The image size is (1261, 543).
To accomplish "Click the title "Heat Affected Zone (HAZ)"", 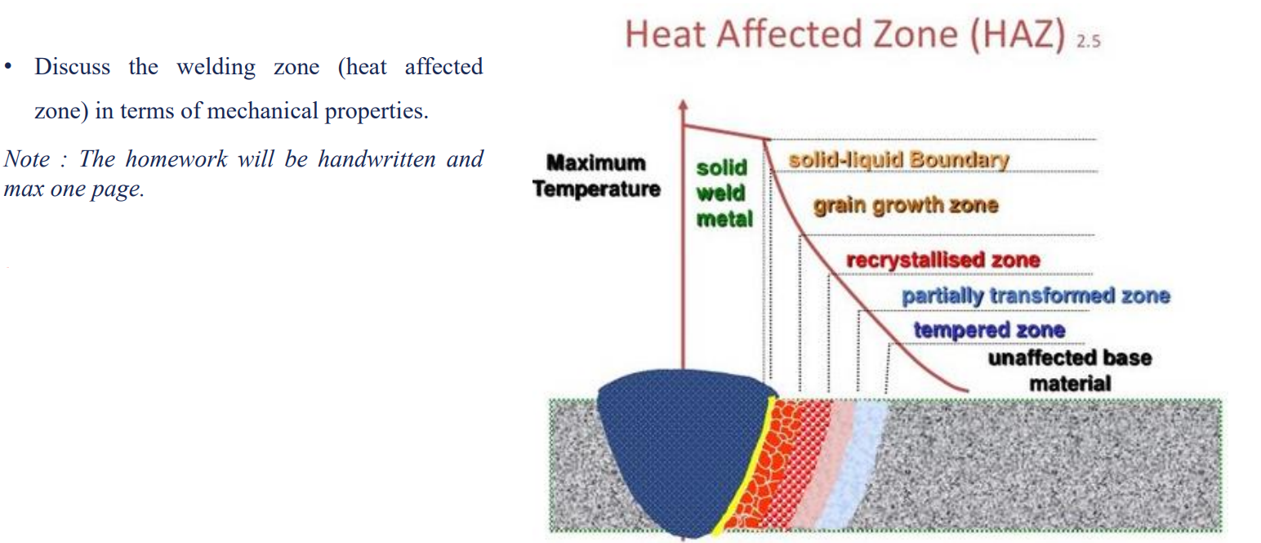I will pyautogui.click(x=845, y=35).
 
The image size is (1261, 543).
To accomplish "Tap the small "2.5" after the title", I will pyautogui.click(x=1088, y=42).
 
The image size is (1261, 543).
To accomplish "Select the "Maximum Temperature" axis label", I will pyautogui.click(x=595, y=176).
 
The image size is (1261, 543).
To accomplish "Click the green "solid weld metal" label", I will pyautogui.click(x=722, y=193).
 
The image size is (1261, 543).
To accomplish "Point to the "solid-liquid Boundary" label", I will pyautogui.click(x=898, y=160).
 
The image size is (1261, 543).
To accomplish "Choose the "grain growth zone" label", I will pyautogui.click(x=905, y=204).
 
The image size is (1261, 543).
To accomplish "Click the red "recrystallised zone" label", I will pyautogui.click(x=942, y=260).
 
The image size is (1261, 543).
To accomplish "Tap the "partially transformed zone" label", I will pyautogui.click(x=1035, y=296).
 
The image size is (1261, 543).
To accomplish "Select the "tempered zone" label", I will pyautogui.click(x=989, y=330).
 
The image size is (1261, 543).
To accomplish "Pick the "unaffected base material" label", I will pyautogui.click(x=1069, y=370).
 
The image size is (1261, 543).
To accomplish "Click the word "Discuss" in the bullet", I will pyautogui.click(x=72, y=67).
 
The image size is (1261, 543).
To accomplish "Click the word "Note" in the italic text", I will pyautogui.click(x=26, y=158).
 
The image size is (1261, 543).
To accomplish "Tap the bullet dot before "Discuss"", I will pyautogui.click(x=8, y=67).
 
